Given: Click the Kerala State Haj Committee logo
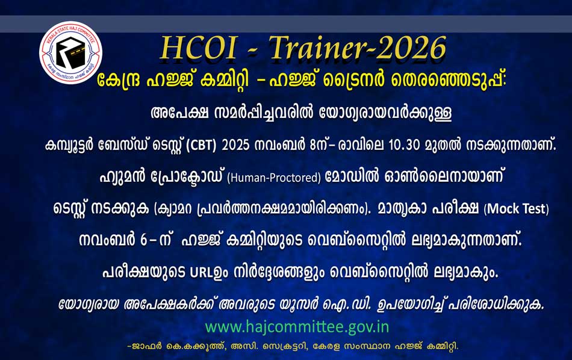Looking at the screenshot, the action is coord(71,52).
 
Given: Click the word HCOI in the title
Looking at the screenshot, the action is coord(198,48).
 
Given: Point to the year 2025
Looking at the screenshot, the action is coord(235,145).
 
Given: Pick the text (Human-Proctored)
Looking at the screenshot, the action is coord(274,178).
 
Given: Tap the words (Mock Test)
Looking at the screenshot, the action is coord(516,209).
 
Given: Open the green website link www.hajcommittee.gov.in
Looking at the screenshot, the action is coord(297,327).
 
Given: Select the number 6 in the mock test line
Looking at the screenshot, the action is coord(143,241).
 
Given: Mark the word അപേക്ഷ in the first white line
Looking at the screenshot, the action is coord(179,113).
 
